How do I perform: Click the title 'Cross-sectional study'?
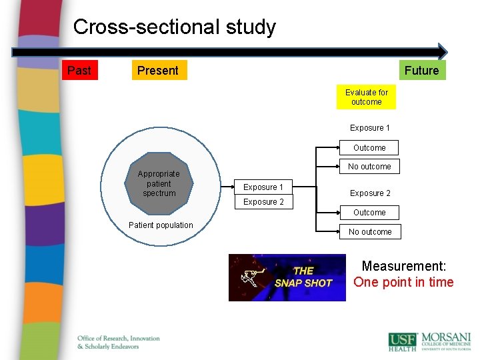click(x=174, y=27)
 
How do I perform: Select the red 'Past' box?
click(x=79, y=70)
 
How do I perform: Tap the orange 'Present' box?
click(x=158, y=70)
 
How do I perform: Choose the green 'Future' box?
click(x=421, y=70)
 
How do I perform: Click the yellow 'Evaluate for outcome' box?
click(x=367, y=97)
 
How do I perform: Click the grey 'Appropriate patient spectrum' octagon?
click(x=159, y=183)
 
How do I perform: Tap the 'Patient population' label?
click(x=161, y=225)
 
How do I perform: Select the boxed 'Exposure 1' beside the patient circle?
click(x=263, y=187)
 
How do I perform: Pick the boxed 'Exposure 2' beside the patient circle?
click(x=263, y=202)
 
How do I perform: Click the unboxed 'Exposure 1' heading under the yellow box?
click(x=370, y=128)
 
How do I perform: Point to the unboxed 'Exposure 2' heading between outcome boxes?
click(x=370, y=193)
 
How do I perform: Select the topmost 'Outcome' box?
click(x=369, y=148)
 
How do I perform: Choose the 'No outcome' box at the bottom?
click(x=370, y=232)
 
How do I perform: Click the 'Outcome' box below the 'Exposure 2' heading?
click(x=369, y=213)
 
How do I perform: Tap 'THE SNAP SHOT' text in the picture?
click(x=303, y=277)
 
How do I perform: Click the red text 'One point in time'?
click(x=403, y=282)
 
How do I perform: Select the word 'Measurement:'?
click(x=404, y=266)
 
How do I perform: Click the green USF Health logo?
click(x=403, y=341)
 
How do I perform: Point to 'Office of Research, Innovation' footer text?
click(x=119, y=339)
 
